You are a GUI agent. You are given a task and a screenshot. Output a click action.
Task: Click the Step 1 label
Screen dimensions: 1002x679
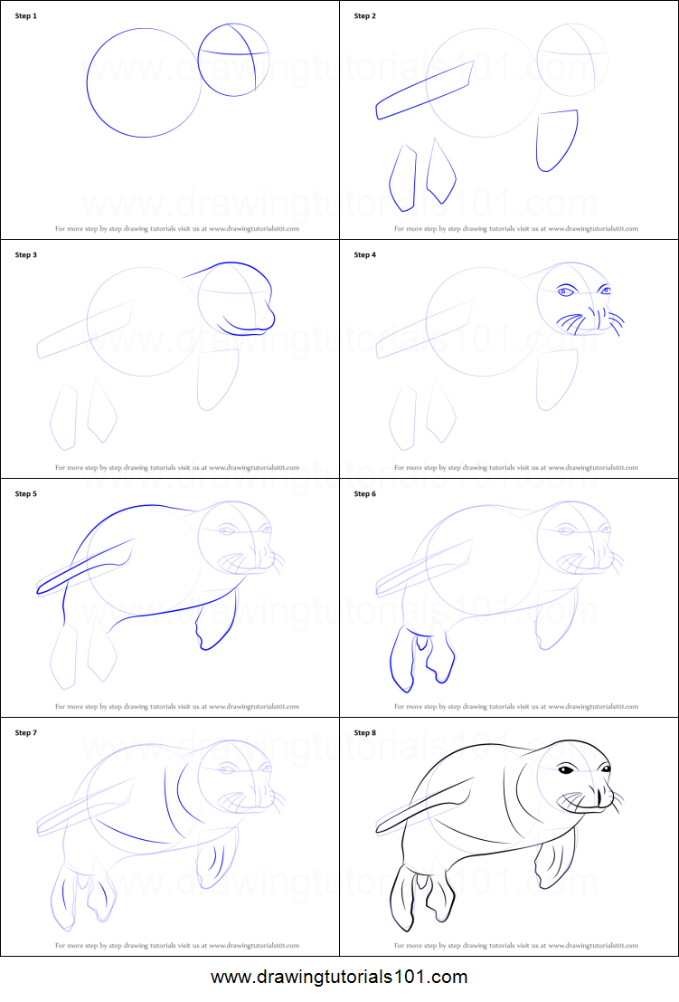pyautogui.click(x=26, y=16)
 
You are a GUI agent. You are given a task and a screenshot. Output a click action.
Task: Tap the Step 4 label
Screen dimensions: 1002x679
pyautogui.click(x=365, y=255)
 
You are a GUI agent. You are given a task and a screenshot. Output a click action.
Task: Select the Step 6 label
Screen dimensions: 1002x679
pyautogui.click(x=365, y=494)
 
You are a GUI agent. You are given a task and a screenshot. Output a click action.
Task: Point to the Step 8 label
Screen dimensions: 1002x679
pyautogui.click(x=365, y=733)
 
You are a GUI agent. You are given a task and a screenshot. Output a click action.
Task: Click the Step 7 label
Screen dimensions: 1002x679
pyautogui.click(x=26, y=733)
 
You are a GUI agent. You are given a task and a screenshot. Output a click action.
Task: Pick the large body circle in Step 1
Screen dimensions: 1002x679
pyautogui.click(x=143, y=82)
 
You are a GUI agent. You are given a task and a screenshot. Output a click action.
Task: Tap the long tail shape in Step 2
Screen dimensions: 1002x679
pyautogui.click(x=425, y=90)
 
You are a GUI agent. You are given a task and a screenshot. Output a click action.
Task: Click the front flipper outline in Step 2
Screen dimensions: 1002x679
pyautogui.click(x=556, y=139)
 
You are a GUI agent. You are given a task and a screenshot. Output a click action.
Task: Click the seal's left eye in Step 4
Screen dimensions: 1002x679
pyautogui.click(x=566, y=291)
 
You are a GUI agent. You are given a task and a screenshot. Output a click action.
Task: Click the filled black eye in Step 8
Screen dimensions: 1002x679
pyautogui.click(x=565, y=770)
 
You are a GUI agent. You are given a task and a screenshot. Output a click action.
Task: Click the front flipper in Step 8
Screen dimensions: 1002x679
pyautogui.click(x=554, y=862)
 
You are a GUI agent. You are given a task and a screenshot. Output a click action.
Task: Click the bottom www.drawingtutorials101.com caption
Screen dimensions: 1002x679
pyautogui.click(x=339, y=978)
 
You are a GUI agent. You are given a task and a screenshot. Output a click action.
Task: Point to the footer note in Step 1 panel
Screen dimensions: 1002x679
pyautogui.click(x=177, y=229)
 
